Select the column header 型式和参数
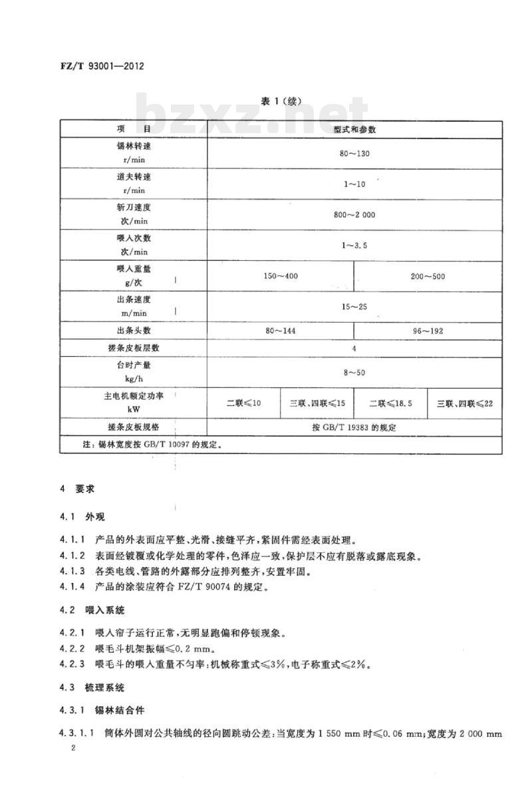pyautogui.click(x=354, y=128)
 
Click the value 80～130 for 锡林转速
pyautogui.click(x=354, y=153)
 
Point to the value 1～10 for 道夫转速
pyautogui.click(x=354, y=184)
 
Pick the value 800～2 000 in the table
pyautogui.click(x=354, y=215)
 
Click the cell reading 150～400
pyautogui.click(x=281, y=276)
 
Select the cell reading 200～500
pyautogui.click(x=428, y=276)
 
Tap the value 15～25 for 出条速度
pyautogui.click(x=354, y=307)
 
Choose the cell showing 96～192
pyautogui.click(x=428, y=331)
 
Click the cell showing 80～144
pyautogui.click(x=281, y=331)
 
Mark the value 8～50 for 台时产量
pyautogui.click(x=354, y=373)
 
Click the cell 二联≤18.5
pyautogui.click(x=390, y=403)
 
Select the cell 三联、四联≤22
pyautogui.click(x=465, y=403)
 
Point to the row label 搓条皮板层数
pyautogui.click(x=134, y=348)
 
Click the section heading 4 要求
pyautogui.click(x=78, y=489)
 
